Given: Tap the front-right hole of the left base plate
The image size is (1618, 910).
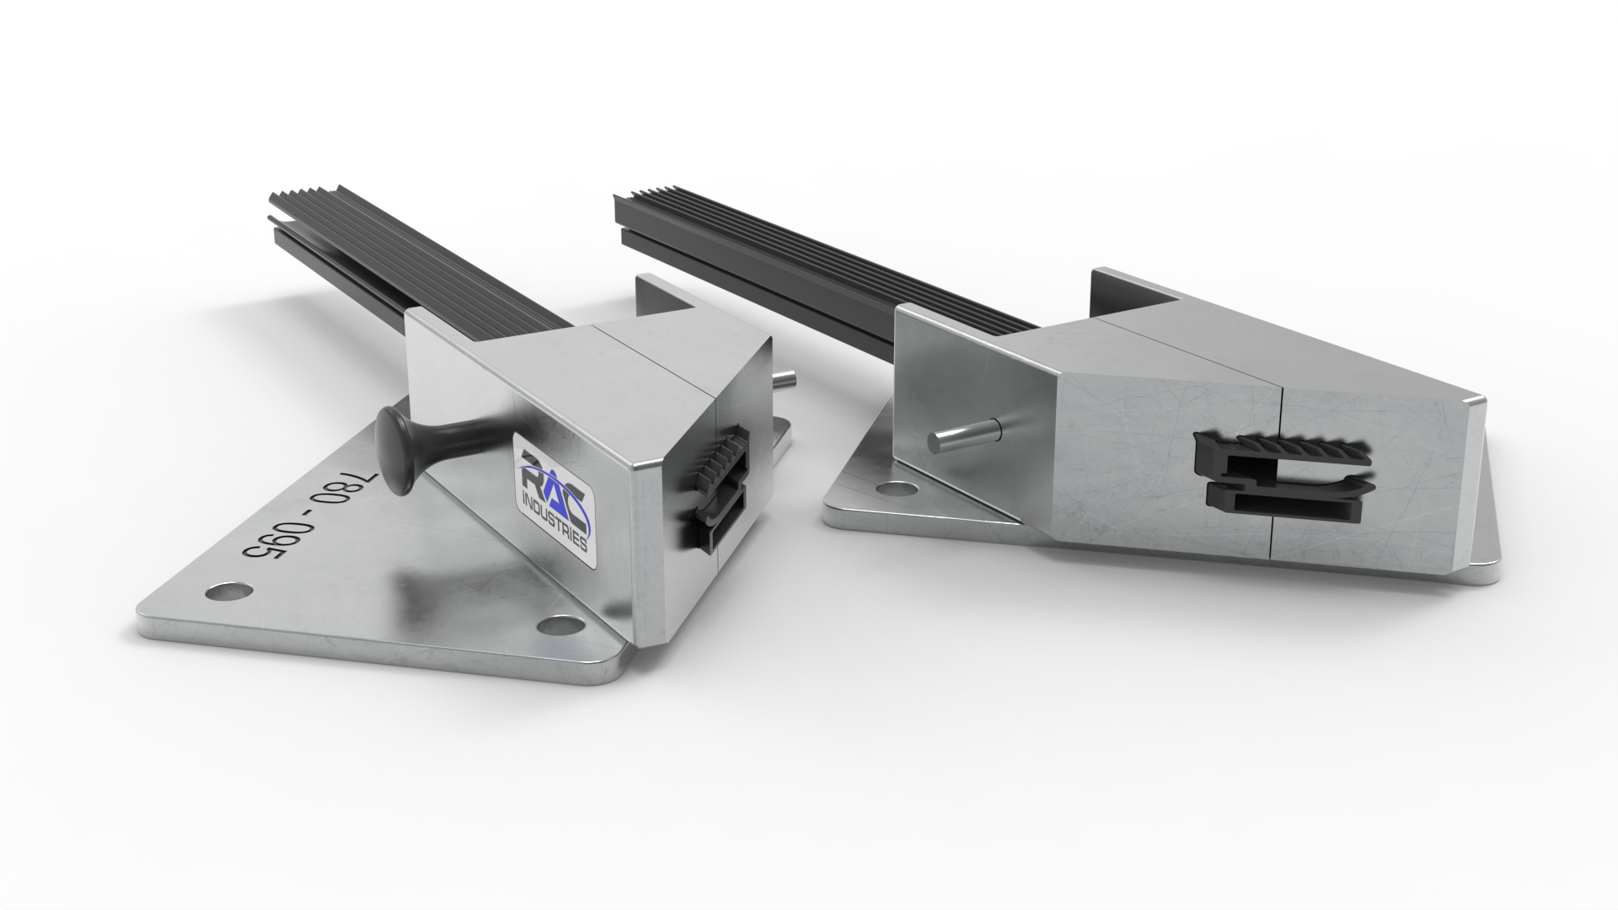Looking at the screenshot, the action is click(x=560, y=625).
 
